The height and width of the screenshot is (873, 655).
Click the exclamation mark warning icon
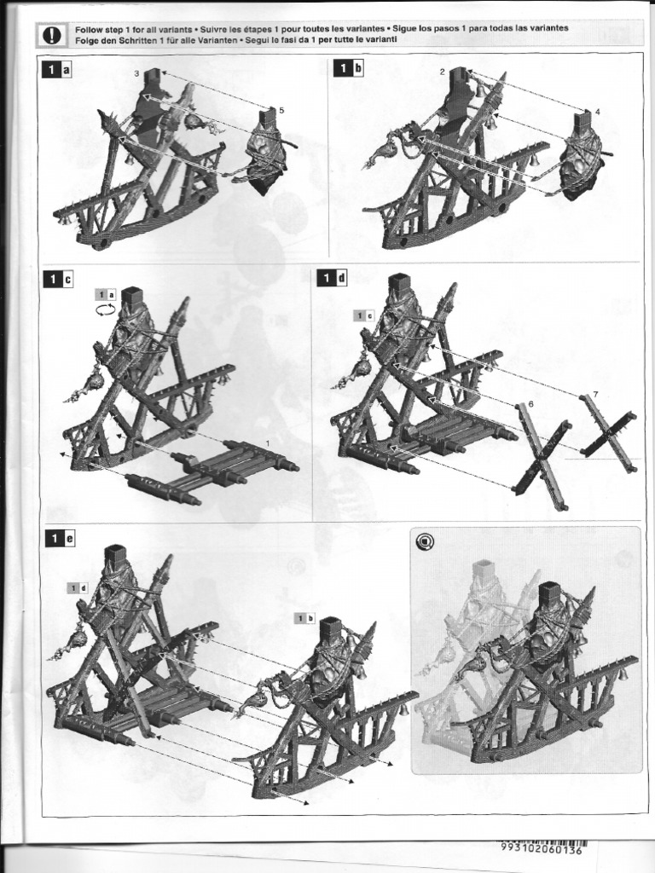[x=52, y=34]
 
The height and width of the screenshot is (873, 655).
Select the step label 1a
[x=57, y=69]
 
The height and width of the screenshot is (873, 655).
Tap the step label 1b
[x=349, y=68]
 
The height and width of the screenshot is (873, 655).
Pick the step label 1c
[x=59, y=280]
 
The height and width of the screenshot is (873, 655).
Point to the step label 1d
[x=332, y=278]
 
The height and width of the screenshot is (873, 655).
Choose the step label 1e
[x=61, y=539]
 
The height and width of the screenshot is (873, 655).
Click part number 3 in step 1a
[x=136, y=73]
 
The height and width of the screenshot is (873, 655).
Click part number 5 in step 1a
[x=281, y=110]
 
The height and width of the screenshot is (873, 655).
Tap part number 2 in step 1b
[x=442, y=72]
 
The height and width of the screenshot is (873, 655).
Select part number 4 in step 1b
[x=598, y=112]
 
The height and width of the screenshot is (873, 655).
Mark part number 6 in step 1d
[x=530, y=403]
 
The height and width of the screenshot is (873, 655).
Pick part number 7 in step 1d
[x=595, y=394]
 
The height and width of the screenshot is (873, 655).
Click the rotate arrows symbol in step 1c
[x=106, y=309]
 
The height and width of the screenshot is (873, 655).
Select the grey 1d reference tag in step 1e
[x=78, y=588]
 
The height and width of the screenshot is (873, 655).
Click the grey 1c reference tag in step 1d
[x=363, y=315]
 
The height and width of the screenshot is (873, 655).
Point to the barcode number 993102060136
[x=542, y=850]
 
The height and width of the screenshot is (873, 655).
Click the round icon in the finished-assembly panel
[x=425, y=541]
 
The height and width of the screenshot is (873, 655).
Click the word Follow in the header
[x=88, y=28]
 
